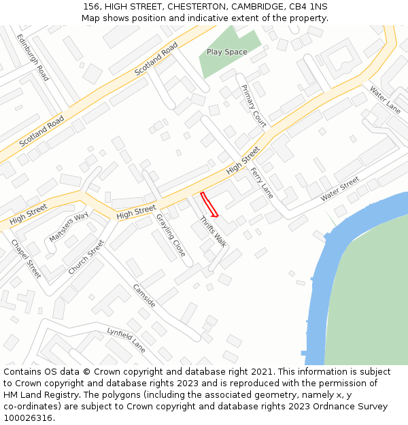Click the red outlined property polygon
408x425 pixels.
(209, 203)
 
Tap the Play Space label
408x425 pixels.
(226, 52)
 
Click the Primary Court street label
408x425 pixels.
(254, 105)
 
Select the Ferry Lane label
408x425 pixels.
(262, 183)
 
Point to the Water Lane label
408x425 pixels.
(385, 100)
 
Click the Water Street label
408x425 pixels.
(340, 188)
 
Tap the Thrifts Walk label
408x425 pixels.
(213, 231)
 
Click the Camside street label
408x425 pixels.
(144, 294)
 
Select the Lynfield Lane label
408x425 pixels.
(126, 339)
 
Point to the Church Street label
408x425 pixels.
(86, 257)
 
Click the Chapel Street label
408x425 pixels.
(27, 259)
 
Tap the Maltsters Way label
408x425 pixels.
(69, 227)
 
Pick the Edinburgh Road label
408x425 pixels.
(33, 58)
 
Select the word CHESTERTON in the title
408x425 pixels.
(182, 6)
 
